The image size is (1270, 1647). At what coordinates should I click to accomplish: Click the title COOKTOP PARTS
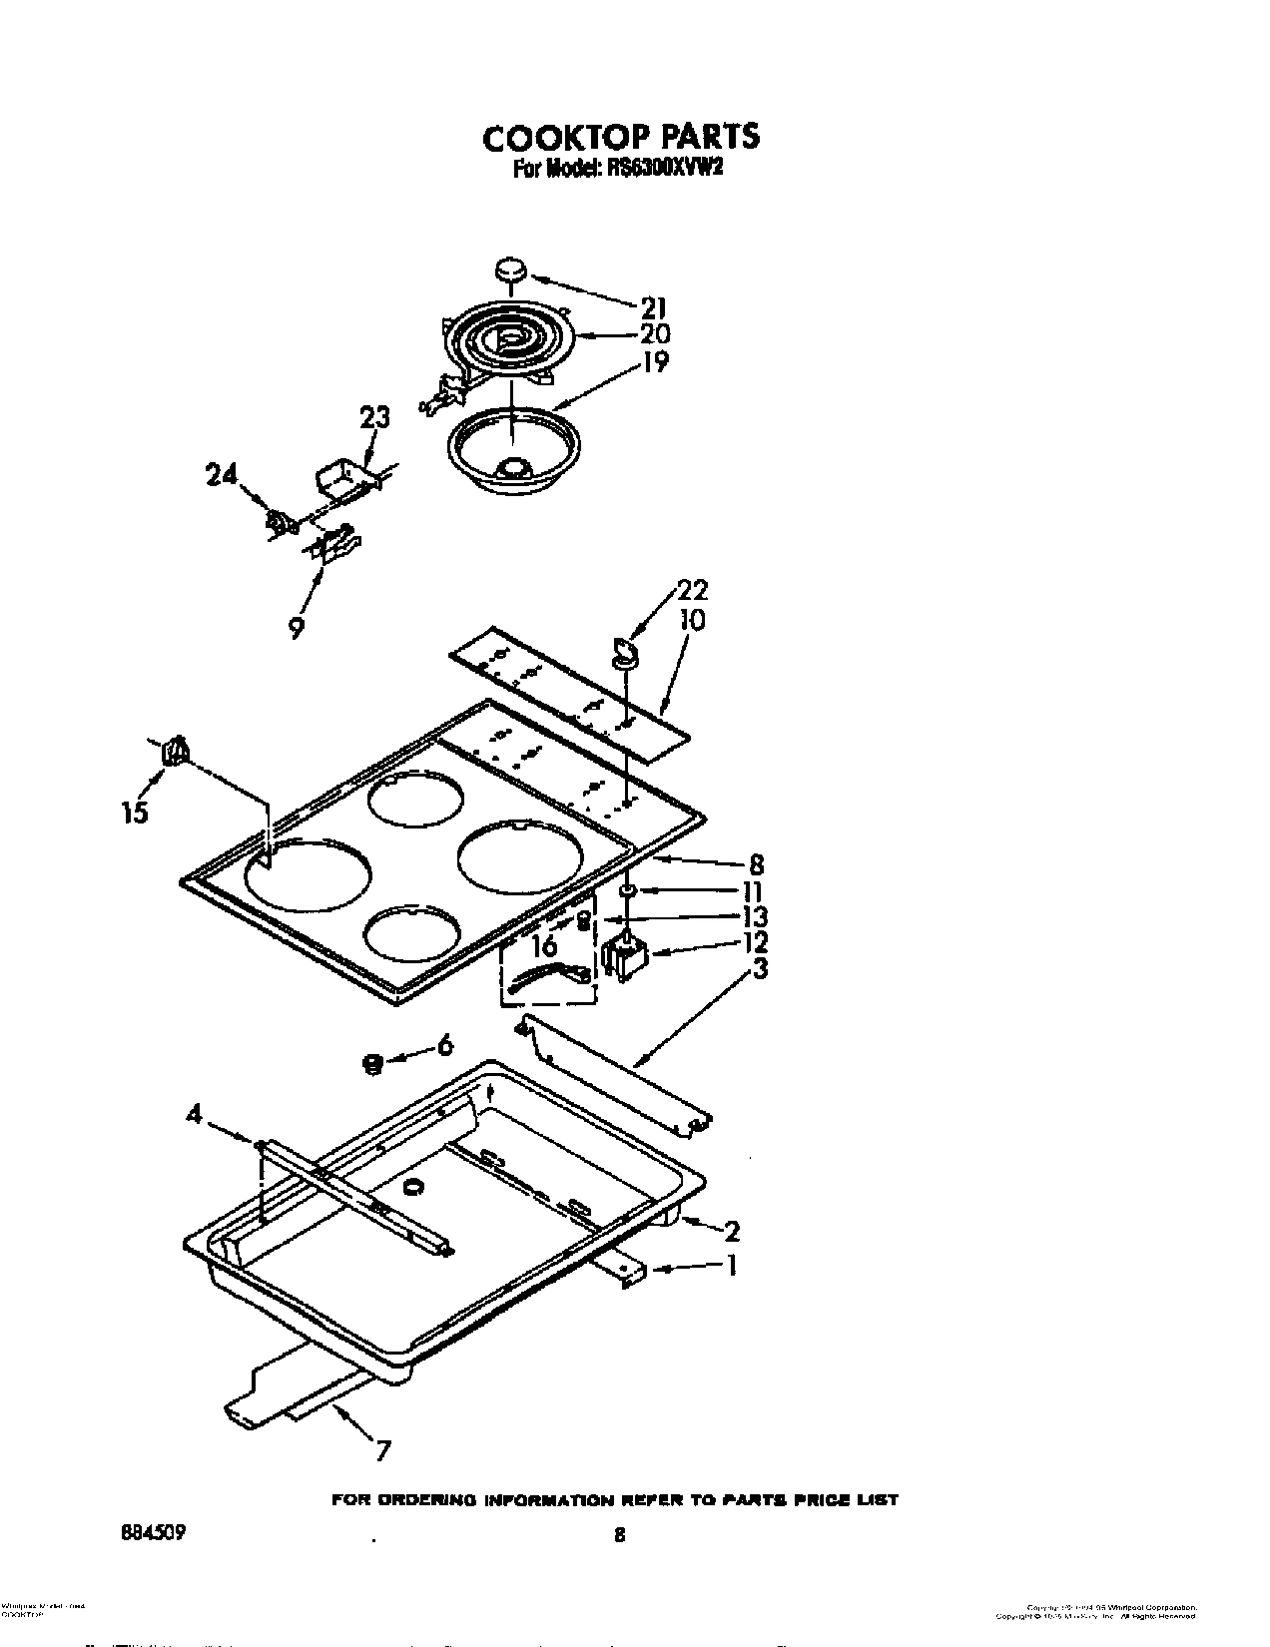pyautogui.click(x=620, y=137)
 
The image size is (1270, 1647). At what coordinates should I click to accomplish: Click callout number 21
pyautogui.click(x=653, y=306)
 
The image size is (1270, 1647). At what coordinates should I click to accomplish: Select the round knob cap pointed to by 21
pyautogui.click(x=510, y=269)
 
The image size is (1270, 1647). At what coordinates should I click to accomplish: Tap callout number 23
pyautogui.click(x=374, y=417)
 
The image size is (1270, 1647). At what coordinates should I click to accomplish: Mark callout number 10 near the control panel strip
pyautogui.click(x=691, y=621)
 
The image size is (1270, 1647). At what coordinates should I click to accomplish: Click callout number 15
pyautogui.click(x=135, y=813)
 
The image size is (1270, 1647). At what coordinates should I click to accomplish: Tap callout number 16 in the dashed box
pyautogui.click(x=545, y=944)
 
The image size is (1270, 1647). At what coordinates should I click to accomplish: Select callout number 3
pyautogui.click(x=760, y=968)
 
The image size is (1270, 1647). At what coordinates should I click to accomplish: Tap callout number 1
pyautogui.click(x=732, y=1266)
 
